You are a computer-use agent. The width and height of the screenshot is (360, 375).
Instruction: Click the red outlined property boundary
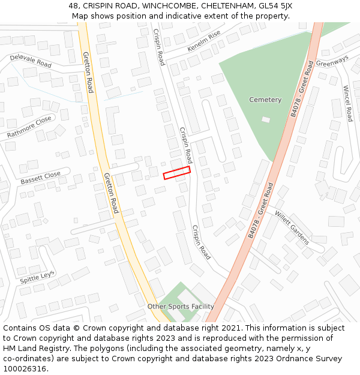pos(177,173)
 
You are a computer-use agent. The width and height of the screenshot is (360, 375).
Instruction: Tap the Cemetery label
pos(265,100)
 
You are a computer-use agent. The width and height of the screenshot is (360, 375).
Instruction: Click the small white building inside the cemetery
pos(266,119)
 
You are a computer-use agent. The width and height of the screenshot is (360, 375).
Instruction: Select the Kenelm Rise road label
pos(204,40)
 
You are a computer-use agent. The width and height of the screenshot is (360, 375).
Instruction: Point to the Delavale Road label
pos(31,61)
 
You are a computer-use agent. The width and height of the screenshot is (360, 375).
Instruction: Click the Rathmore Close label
pos(29,128)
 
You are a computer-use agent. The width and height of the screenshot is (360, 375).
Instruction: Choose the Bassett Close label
pos(41,178)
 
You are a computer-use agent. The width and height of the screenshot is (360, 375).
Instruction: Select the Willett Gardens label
pos(292,227)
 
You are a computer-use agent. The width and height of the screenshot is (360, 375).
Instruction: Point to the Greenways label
pos(332,62)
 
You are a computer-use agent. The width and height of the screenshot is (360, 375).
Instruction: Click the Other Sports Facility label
pos(181,307)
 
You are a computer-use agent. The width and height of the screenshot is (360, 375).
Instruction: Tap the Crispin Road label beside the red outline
pos(186,145)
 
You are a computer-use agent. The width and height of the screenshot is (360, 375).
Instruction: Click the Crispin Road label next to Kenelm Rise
pos(158,47)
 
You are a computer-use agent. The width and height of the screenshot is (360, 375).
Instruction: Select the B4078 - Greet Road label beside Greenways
pos(302,89)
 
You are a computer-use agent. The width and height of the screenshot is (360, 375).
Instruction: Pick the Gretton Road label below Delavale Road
pos(88,73)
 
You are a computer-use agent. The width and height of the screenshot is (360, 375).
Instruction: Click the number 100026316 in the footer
pos(24,369)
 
